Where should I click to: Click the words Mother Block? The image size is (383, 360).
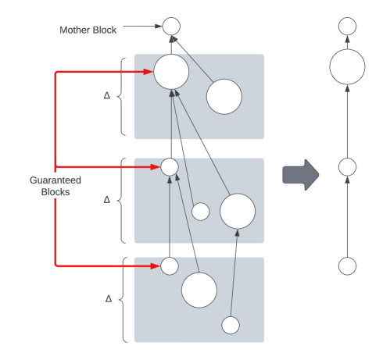pos(88,30)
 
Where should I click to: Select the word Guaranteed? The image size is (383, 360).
pos(55,180)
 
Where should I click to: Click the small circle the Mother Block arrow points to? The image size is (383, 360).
pos(171,26)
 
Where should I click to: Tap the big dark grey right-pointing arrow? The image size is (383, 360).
pos(301,175)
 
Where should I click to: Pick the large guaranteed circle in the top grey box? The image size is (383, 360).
pos(171,72)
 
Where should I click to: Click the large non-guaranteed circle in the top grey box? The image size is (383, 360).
pos(224,97)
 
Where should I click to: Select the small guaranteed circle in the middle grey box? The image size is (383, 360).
pos(170,167)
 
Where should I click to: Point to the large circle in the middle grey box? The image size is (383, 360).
pos(238,211)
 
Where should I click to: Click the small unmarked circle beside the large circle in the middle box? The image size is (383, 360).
pos(200,212)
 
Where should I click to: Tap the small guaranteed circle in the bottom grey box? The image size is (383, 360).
pos(170,266)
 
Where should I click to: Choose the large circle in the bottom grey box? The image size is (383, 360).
pos(199,290)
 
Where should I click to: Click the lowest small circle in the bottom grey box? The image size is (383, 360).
pos(231,326)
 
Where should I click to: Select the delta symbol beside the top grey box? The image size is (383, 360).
pos(107,95)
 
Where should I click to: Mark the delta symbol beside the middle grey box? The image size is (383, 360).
pos(107,200)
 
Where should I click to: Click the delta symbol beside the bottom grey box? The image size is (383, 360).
pos(109,298)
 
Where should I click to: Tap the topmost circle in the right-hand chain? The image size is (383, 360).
pos(347,26)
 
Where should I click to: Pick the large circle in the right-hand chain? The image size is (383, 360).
pos(347,66)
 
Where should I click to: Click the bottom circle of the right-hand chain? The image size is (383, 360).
pos(347,266)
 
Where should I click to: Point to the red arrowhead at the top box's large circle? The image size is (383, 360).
pos(149,72)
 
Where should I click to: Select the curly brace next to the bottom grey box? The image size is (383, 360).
pos(123,299)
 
